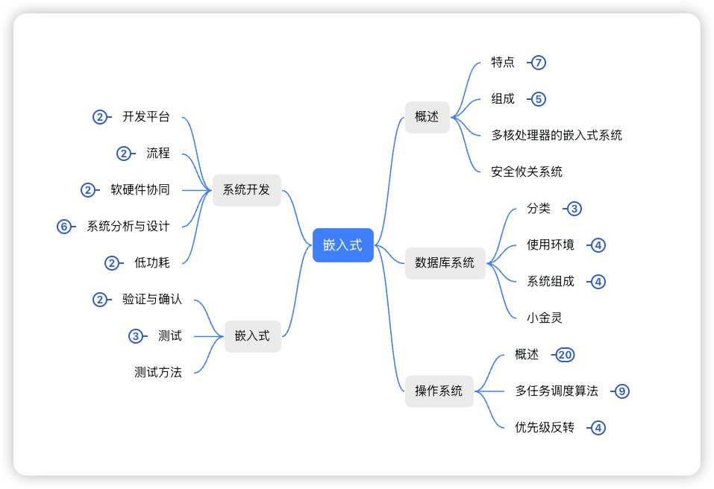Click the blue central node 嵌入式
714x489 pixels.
[x=342, y=245]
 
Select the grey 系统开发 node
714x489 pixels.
[x=246, y=190]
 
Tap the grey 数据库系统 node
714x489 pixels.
[x=445, y=263]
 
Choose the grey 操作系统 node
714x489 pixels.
[x=439, y=391]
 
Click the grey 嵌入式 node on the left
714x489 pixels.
[x=252, y=336]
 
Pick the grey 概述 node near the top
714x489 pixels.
[x=427, y=117]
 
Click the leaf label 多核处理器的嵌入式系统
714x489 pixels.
[x=556, y=135]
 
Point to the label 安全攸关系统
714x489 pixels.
[x=526, y=171]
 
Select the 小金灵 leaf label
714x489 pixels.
[x=544, y=318]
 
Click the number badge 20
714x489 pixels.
[x=565, y=355]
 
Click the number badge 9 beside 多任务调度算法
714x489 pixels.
[x=621, y=391]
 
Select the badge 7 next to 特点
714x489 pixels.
[x=538, y=63]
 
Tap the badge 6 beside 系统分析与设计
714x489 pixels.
[x=64, y=227]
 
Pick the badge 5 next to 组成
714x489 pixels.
[x=538, y=99]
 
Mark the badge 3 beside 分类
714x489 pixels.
[x=574, y=209]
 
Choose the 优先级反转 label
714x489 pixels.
[x=545, y=428]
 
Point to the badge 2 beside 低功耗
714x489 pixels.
[x=112, y=263]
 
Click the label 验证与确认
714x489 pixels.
[x=151, y=300]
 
